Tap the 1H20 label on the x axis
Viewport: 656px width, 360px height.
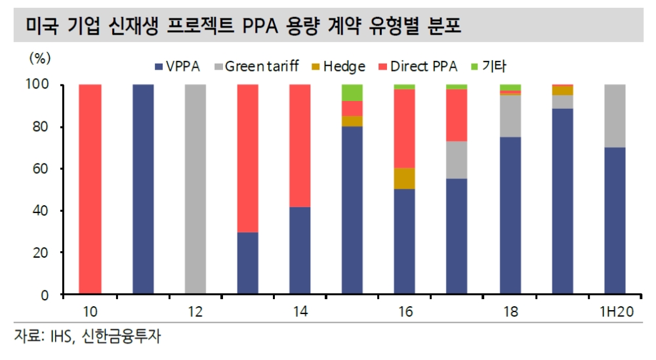(615, 312)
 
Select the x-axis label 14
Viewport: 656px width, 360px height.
(300, 312)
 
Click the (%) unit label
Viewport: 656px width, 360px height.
(39, 58)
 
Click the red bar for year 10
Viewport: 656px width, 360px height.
(90, 190)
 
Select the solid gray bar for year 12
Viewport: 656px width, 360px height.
(195, 190)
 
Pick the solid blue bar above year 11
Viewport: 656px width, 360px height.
(142, 190)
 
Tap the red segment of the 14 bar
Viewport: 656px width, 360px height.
(300, 146)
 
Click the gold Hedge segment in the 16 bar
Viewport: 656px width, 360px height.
(405, 178)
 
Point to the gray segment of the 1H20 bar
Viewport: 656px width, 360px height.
(615, 116)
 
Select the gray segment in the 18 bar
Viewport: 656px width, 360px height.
(510, 116)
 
